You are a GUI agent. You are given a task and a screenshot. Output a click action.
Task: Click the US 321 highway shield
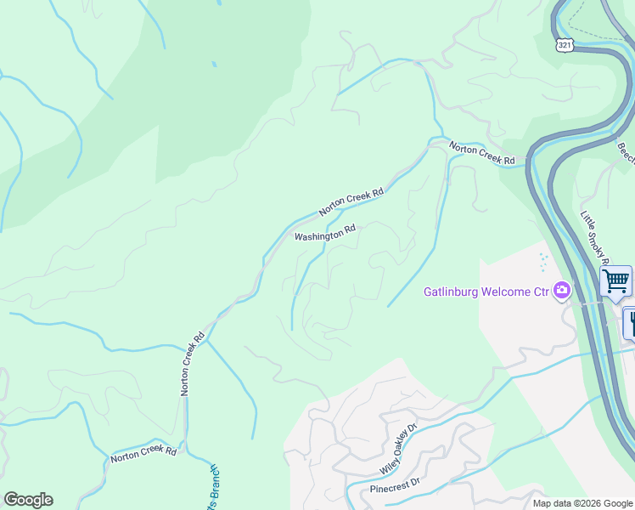click(x=566, y=43)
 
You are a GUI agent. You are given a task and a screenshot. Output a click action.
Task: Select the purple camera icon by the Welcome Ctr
click(x=561, y=292)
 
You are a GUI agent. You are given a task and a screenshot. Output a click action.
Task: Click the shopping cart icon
click(x=615, y=280)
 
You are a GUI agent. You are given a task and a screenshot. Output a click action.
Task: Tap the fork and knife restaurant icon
click(x=631, y=322)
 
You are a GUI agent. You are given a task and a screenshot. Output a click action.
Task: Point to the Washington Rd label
click(x=324, y=233)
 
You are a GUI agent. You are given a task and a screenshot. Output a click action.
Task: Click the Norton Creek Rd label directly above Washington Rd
click(x=351, y=201)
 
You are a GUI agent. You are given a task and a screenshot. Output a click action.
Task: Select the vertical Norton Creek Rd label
click(x=192, y=363)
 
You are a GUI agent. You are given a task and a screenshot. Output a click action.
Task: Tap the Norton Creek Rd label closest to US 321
click(x=482, y=154)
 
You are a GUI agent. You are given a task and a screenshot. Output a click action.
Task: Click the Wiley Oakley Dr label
click(x=399, y=451)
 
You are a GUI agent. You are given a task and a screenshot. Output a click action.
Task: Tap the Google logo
click(x=28, y=500)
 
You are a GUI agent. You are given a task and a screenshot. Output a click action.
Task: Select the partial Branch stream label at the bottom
click(x=214, y=488)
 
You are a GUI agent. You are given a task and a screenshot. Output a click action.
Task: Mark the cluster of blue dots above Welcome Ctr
click(x=543, y=262)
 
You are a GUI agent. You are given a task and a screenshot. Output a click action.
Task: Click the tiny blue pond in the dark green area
click(x=214, y=64)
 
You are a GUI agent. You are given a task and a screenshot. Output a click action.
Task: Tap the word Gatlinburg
click(x=452, y=292)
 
